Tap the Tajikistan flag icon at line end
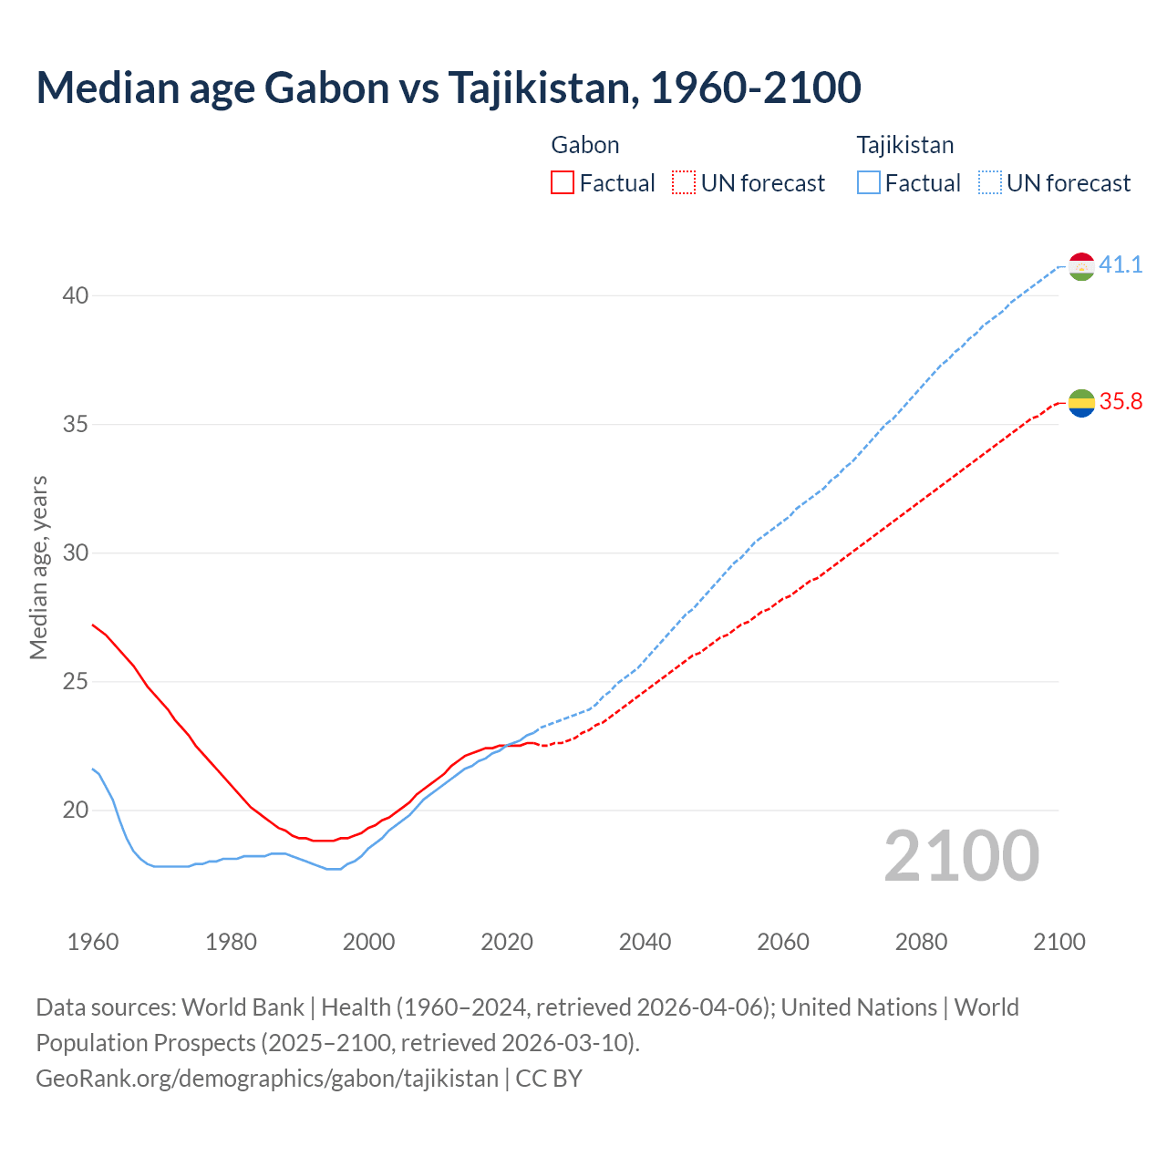click(1081, 266)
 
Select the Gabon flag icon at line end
click(1081, 403)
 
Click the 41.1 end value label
click(1121, 265)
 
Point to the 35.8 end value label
click(1121, 402)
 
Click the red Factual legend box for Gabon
click(563, 183)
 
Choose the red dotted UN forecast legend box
click(684, 183)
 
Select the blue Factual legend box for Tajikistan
click(869, 183)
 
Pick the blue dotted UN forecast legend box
click(990, 183)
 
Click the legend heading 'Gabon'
click(585, 145)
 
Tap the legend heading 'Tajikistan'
click(905, 145)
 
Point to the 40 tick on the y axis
click(76, 295)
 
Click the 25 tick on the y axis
click(76, 681)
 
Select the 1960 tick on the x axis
click(93, 942)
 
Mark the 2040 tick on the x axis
click(645, 942)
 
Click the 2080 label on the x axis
click(921, 942)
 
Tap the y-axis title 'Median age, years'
click(38, 567)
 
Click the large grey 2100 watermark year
click(961, 856)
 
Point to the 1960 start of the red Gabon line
click(93, 625)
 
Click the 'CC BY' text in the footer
click(549, 1079)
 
